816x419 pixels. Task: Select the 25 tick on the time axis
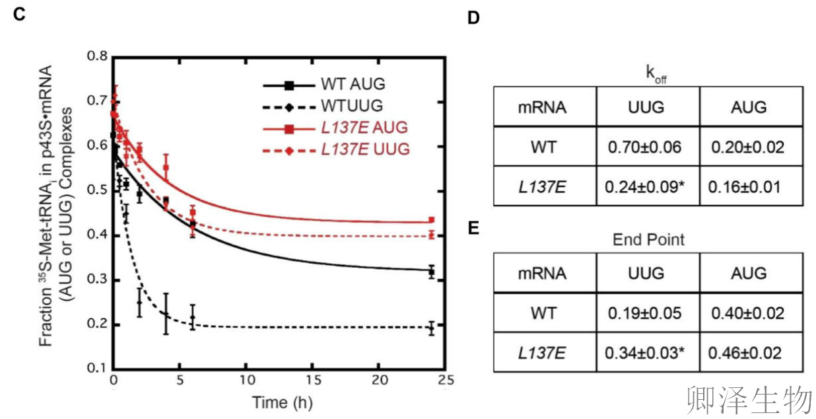tap(447, 381)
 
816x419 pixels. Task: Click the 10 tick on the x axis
tap(247, 381)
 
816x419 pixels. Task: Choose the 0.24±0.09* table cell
tap(648, 186)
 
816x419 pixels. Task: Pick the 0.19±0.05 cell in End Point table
tap(648, 312)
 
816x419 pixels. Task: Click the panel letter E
tap(473, 229)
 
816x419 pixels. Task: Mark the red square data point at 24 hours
tap(431, 220)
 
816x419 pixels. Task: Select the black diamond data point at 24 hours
tap(431, 328)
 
